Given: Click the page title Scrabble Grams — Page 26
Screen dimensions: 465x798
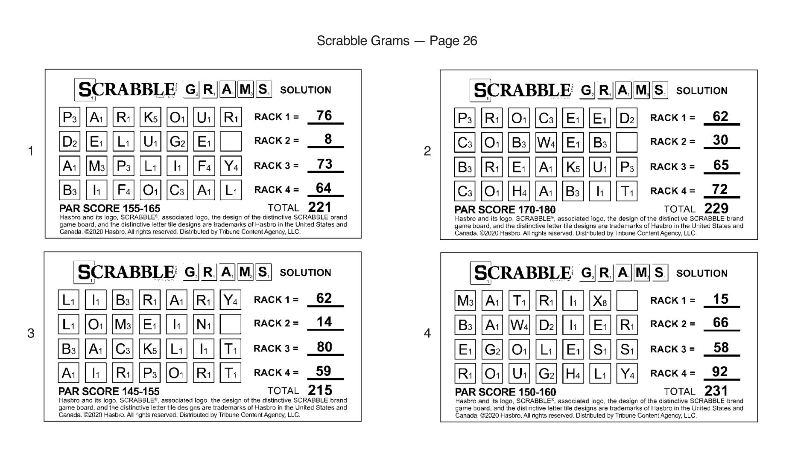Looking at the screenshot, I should point(397,41).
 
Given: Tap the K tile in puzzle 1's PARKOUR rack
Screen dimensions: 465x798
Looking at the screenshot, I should point(150,117).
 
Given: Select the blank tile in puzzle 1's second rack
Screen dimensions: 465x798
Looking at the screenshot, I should point(231,141).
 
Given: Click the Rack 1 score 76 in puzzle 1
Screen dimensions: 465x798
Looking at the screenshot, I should point(324,116).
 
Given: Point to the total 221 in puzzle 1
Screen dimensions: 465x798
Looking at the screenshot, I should point(319,207).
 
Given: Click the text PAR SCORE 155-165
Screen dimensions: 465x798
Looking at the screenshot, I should point(110,208).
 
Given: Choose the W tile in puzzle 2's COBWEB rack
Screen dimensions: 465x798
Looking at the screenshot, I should point(546,142).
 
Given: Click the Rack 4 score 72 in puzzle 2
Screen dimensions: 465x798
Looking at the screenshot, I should point(720,189).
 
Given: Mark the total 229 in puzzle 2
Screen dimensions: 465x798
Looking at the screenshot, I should point(716,208).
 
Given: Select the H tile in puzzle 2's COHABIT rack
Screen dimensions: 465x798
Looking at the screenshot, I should point(519,191).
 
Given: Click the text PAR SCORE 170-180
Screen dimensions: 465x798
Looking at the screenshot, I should point(505,209).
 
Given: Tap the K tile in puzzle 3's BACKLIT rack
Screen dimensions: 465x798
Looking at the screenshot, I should point(149,349).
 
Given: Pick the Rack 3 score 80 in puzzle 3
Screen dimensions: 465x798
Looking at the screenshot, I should point(324,347).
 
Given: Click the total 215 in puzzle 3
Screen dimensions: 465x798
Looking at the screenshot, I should point(320,390).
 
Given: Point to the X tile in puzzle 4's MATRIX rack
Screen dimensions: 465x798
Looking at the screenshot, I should point(600,301).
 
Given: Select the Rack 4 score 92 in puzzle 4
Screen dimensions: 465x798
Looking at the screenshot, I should point(720,372).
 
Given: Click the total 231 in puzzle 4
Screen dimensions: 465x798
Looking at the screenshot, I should point(716,391).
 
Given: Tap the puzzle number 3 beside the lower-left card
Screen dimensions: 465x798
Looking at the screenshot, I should point(31,333).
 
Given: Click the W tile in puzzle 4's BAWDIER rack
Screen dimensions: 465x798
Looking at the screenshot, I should point(519,325).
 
